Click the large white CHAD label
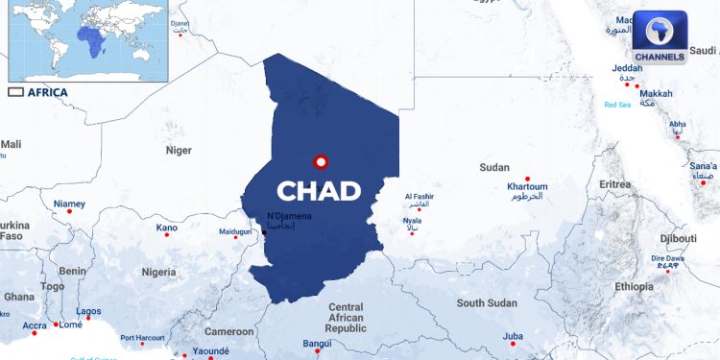(319, 190)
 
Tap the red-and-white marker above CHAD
(321, 162)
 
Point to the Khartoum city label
(527, 186)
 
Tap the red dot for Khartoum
(527, 179)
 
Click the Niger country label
(179, 150)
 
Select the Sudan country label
(494, 167)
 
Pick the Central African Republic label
(347, 318)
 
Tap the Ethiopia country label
(635, 286)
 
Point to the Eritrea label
(615, 183)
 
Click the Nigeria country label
(159, 272)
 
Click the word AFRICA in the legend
(47, 92)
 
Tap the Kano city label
(167, 228)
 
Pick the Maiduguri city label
(235, 231)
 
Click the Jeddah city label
(627, 69)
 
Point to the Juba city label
(514, 336)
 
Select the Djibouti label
(678, 238)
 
